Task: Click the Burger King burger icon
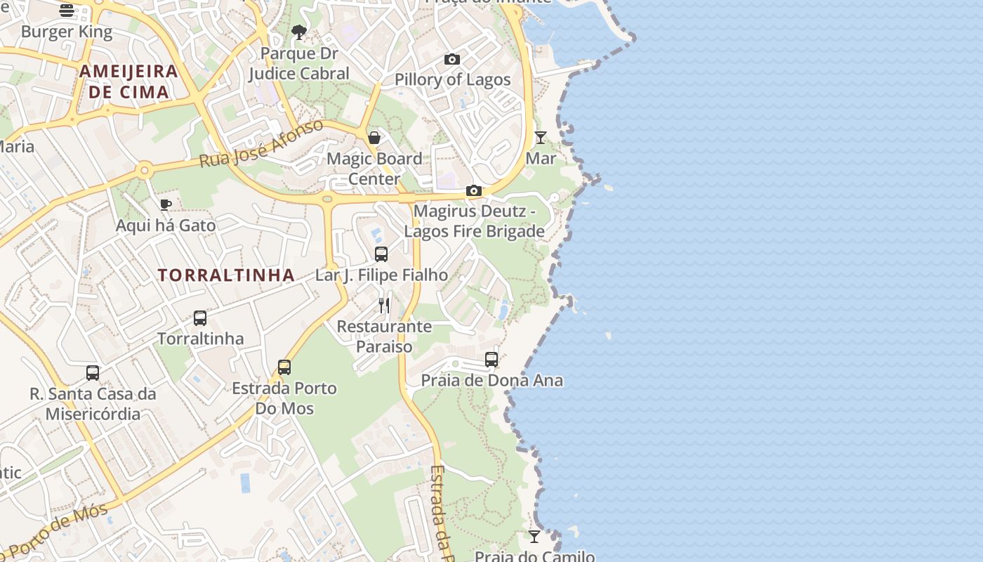click(x=67, y=10)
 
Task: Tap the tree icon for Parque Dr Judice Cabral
click(x=299, y=32)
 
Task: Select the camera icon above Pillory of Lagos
click(x=452, y=59)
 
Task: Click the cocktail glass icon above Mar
click(x=541, y=137)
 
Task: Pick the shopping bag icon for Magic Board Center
click(x=374, y=137)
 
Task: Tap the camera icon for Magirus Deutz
click(x=474, y=190)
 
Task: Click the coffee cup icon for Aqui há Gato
click(x=166, y=204)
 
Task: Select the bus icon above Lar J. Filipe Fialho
click(x=381, y=254)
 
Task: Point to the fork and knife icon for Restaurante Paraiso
click(x=384, y=305)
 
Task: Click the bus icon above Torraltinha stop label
click(x=200, y=318)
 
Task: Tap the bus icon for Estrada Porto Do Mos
click(x=284, y=367)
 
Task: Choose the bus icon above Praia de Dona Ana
click(x=491, y=360)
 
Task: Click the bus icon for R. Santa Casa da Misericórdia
click(x=93, y=372)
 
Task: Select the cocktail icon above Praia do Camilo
click(x=534, y=536)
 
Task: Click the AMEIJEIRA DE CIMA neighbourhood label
click(x=128, y=81)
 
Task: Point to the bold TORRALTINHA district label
click(x=226, y=275)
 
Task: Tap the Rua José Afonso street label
click(x=261, y=143)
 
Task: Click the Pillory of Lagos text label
click(x=453, y=79)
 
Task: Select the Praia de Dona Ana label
click(x=491, y=381)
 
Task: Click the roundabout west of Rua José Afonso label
click(x=145, y=169)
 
